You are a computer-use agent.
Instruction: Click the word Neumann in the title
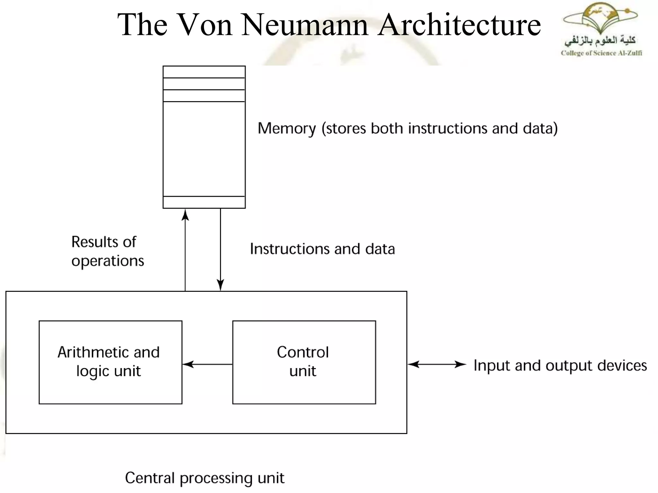coord(305,25)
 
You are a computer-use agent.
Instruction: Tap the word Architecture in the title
coord(459,25)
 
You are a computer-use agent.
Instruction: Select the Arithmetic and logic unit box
coord(110,362)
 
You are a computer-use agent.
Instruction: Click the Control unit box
coord(304,362)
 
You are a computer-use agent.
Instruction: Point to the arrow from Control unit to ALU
coord(207,364)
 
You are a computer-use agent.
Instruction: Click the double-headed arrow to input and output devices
coord(437,364)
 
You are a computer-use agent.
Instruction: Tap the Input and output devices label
coord(560,366)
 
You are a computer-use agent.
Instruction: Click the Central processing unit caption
coord(204,478)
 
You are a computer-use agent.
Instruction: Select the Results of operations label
coord(107,251)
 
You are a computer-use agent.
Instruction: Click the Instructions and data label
coord(322,249)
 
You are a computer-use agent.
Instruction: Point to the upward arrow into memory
coord(185,250)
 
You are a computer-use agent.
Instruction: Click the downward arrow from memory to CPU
coord(220,250)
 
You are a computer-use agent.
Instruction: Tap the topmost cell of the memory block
coord(204,72)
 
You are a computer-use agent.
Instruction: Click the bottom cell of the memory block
coord(204,202)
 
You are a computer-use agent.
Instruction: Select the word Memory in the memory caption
coord(287,129)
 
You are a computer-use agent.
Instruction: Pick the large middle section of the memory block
coord(204,149)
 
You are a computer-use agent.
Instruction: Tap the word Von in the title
coord(204,25)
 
